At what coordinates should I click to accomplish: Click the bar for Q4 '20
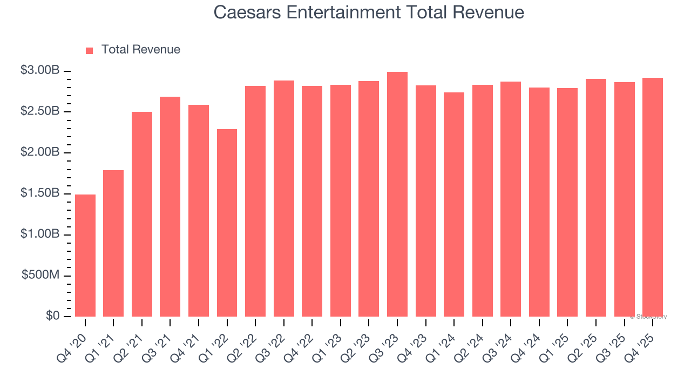pyautogui.click(x=85, y=255)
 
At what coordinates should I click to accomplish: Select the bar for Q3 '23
pyautogui.click(x=397, y=194)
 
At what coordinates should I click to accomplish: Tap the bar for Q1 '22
pyautogui.click(x=227, y=223)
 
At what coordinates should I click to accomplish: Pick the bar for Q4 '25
pyautogui.click(x=653, y=197)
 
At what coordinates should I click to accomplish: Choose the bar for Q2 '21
pyautogui.click(x=142, y=214)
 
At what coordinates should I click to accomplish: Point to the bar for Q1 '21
pyautogui.click(x=113, y=243)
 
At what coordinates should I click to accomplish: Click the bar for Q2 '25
pyautogui.click(x=596, y=198)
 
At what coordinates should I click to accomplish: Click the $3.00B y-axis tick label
pyautogui.click(x=40, y=70)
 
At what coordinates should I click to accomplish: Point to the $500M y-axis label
pyautogui.click(x=40, y=275)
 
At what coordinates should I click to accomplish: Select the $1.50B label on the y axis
pyautogui.click(x=40, y=193)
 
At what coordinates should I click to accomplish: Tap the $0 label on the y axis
pyautogui.click(x=52, y=316)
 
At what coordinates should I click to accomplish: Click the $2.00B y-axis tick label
pyautogui.click(x=40, y=152)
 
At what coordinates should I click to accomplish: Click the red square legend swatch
pyautogui.click(x=90, y=50)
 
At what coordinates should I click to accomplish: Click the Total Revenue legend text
pyautogui.click(x=140, y=50)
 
